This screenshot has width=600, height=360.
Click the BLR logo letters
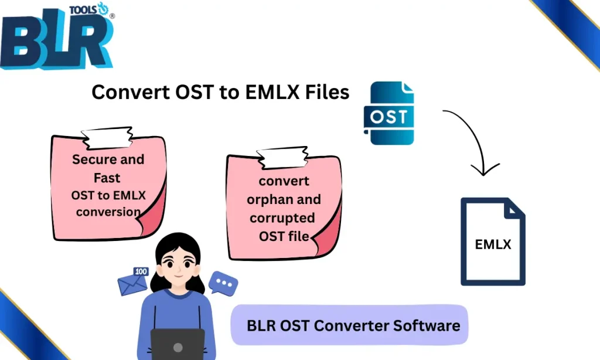[56, 44]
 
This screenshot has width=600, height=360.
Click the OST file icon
[389, 113]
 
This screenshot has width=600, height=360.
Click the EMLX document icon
[493, 241]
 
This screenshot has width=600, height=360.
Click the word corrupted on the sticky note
[282, 218]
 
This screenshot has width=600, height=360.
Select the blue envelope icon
[132, 285]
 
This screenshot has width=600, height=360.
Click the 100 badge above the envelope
[141, 271]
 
